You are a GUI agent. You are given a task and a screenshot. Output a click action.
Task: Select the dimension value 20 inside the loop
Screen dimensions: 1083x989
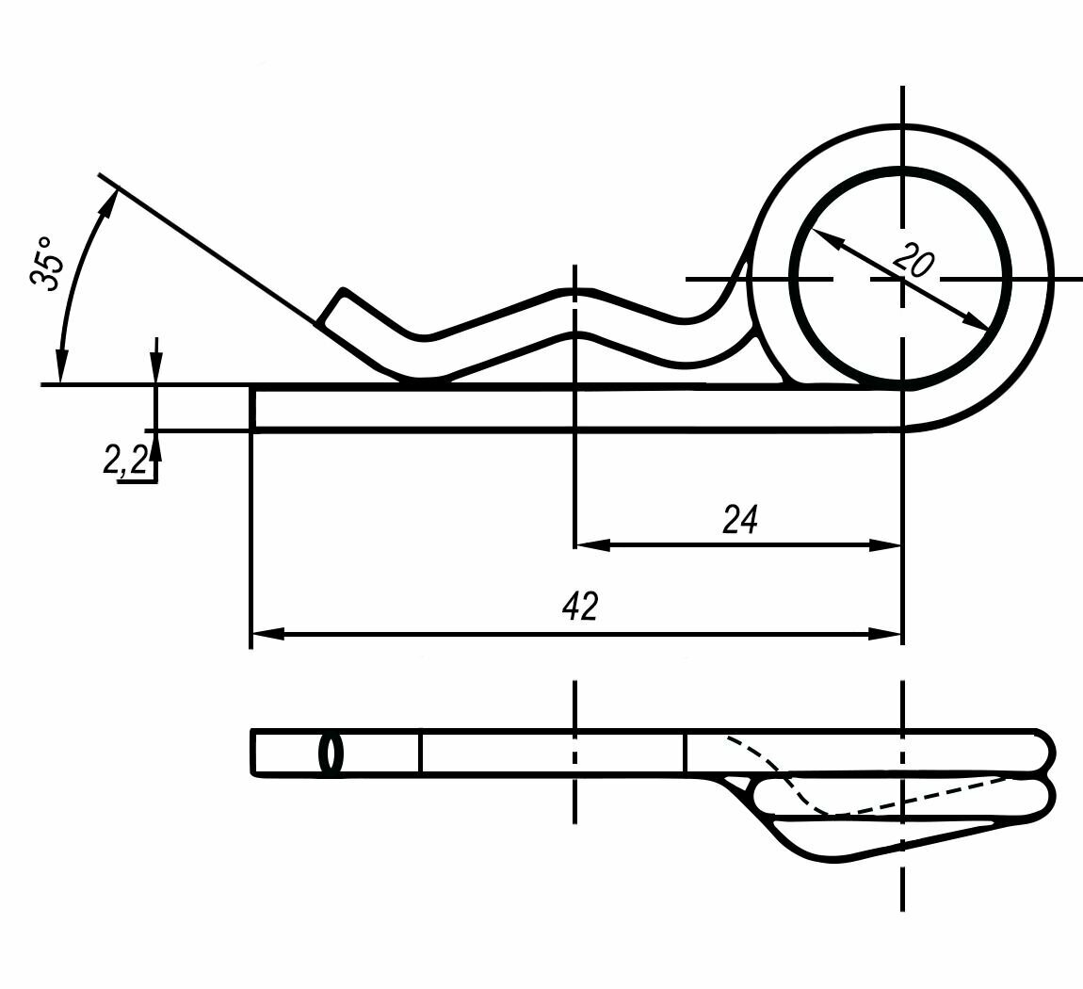click(x=912, y=258)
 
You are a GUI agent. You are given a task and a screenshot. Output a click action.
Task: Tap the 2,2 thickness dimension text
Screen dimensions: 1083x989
click(x=125, y=460)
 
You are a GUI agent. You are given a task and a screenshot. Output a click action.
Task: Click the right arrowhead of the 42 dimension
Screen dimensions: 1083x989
click(x=886, y=635)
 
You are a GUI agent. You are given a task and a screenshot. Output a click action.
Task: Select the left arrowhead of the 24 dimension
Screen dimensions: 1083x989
click(x=591, y=544)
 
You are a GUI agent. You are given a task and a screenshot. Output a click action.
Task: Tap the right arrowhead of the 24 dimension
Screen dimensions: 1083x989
click(x=886, y=544)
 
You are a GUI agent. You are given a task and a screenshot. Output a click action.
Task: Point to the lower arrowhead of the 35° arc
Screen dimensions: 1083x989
click(x=62, y=367)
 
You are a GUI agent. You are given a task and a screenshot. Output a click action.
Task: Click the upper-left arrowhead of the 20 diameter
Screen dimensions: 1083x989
click(x=825, y=238)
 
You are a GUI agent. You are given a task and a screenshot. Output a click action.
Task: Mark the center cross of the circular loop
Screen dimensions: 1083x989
click(x=903, y=279)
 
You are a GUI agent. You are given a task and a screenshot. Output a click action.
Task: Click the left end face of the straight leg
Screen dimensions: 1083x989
click(x=252, y=408)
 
